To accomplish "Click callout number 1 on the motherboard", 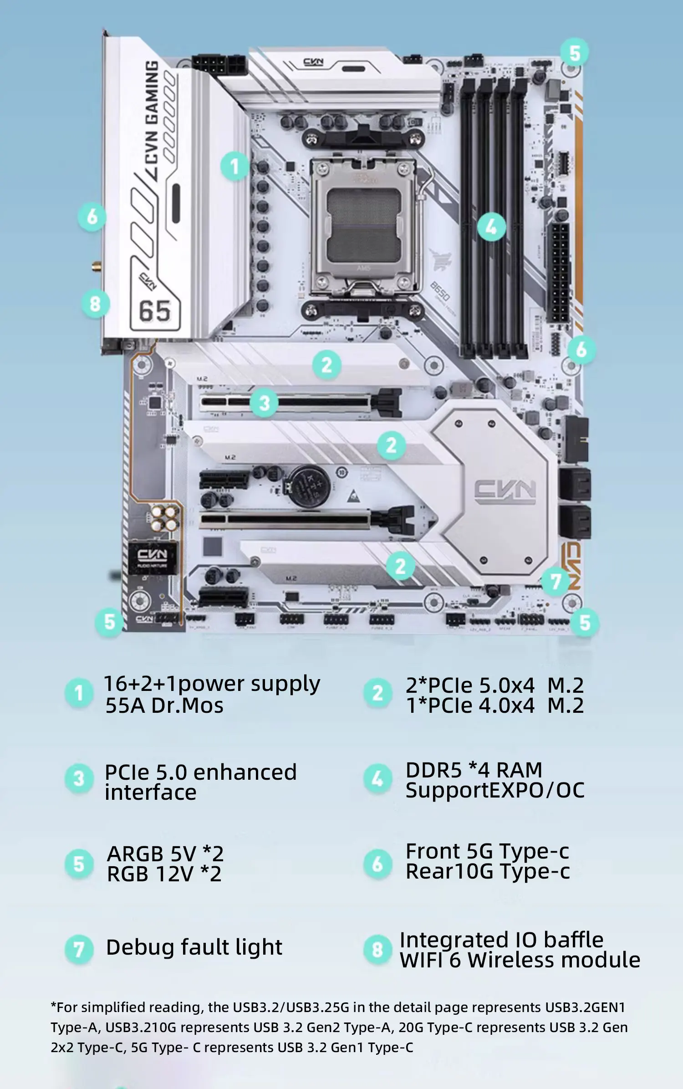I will [234, 166].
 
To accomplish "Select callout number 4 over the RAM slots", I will [491, 226].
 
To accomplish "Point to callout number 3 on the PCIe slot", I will [265, 403].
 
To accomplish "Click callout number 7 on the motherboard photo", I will [555, 582].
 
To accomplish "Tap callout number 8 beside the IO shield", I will [95, 304].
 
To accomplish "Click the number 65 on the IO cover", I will [155, 312].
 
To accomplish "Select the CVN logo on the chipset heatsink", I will [505, 492].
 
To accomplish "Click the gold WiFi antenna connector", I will [97, 266].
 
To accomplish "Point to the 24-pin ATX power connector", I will [559, 272].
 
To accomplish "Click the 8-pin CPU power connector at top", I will [219, 65].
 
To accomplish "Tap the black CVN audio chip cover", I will [153, 557].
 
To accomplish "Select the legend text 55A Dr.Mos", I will [164, 706].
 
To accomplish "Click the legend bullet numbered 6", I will [377, 864].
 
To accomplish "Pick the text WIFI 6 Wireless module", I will [520, 960].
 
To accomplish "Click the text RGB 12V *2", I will [164, 874].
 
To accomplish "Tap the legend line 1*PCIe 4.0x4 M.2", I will [494, 706].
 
